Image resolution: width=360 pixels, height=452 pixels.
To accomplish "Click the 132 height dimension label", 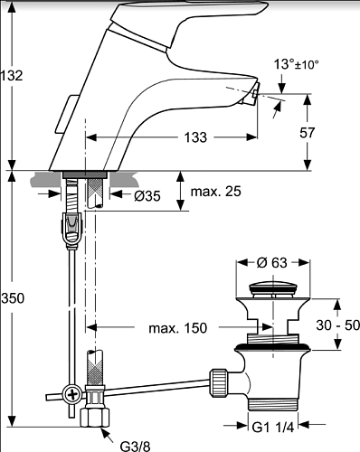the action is point(12,76).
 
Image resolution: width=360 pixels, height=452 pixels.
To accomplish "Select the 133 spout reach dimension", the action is point(195,137).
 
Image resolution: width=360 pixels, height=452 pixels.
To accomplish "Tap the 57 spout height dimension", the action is point(307,133).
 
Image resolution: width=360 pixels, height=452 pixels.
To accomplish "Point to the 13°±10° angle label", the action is point(296,64).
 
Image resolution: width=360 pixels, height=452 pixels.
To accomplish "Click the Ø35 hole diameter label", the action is point(147,196).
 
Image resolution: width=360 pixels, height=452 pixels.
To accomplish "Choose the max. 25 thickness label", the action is point(216,192).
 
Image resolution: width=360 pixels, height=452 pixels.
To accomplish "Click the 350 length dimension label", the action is point(13,298).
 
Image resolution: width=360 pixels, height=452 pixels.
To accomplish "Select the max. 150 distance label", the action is point(178,328).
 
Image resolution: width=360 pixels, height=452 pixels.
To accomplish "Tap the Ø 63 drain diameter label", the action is point(272,263).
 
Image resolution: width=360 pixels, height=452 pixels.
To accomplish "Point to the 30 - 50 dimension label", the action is point(338,325).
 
